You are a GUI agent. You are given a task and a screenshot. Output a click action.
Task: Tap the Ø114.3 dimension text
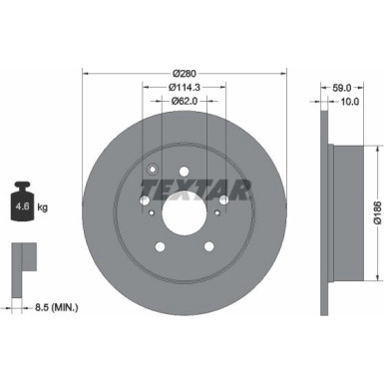(x=183, y=87)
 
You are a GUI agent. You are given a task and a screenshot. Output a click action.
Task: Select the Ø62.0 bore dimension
(x=183, y=100)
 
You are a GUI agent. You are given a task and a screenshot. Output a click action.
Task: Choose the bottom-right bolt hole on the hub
(x=210, y=249)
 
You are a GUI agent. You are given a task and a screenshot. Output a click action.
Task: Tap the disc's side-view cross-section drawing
(x=330, y=210)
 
